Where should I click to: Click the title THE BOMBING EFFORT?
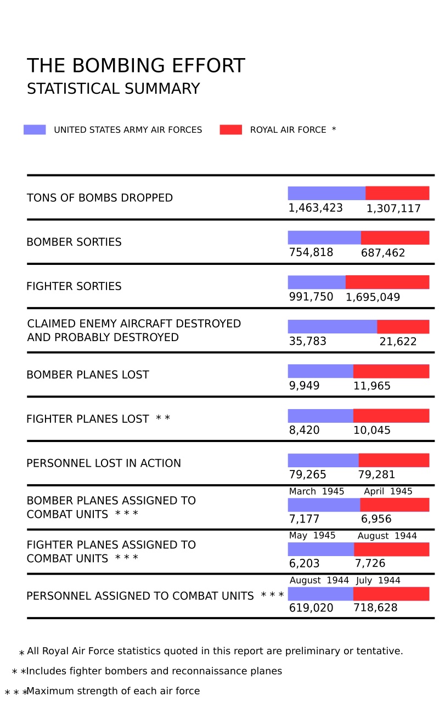coord(136,66)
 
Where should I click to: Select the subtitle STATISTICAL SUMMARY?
coord(113,89)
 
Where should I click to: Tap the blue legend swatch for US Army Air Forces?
coord(35,130)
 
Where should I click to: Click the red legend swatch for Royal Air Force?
coord(230,130)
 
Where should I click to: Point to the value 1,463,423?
coord(316,208)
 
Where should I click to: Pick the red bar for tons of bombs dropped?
coord(397,193)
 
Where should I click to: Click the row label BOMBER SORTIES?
coord(74,242)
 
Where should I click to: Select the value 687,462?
coord(383,253)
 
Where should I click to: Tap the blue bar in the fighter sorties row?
coord(317,282)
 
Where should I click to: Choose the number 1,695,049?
coord(373,297)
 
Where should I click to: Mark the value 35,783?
coord(308,341)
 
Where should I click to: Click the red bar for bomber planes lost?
coord(391,371)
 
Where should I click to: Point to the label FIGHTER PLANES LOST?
coord(88,419)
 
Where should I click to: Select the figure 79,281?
coord(376,474)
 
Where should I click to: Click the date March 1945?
coord(317,491)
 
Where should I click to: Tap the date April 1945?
coord(388,491)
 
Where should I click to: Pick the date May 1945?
coord(312,536)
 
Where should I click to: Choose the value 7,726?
coord(370,563)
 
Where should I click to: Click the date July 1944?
coord(378,580)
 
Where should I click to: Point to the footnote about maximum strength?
coord(113,691)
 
